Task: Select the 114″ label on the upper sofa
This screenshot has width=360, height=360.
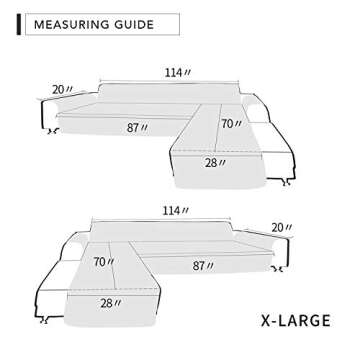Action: (173, 72)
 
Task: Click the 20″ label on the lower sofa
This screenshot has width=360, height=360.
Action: (290, 228)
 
